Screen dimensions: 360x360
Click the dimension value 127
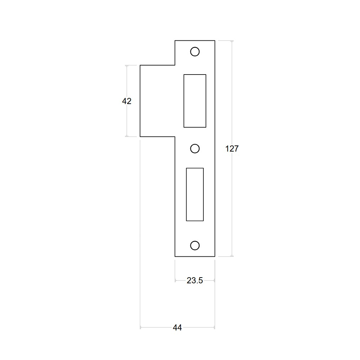click(x=232, y=149)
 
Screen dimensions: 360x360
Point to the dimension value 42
click(x=127, y=101)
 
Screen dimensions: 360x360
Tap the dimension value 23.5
click(x=195, y=280)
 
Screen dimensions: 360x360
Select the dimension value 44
click(x=177, y=328)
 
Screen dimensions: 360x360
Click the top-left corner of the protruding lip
click(x=140, y=65)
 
